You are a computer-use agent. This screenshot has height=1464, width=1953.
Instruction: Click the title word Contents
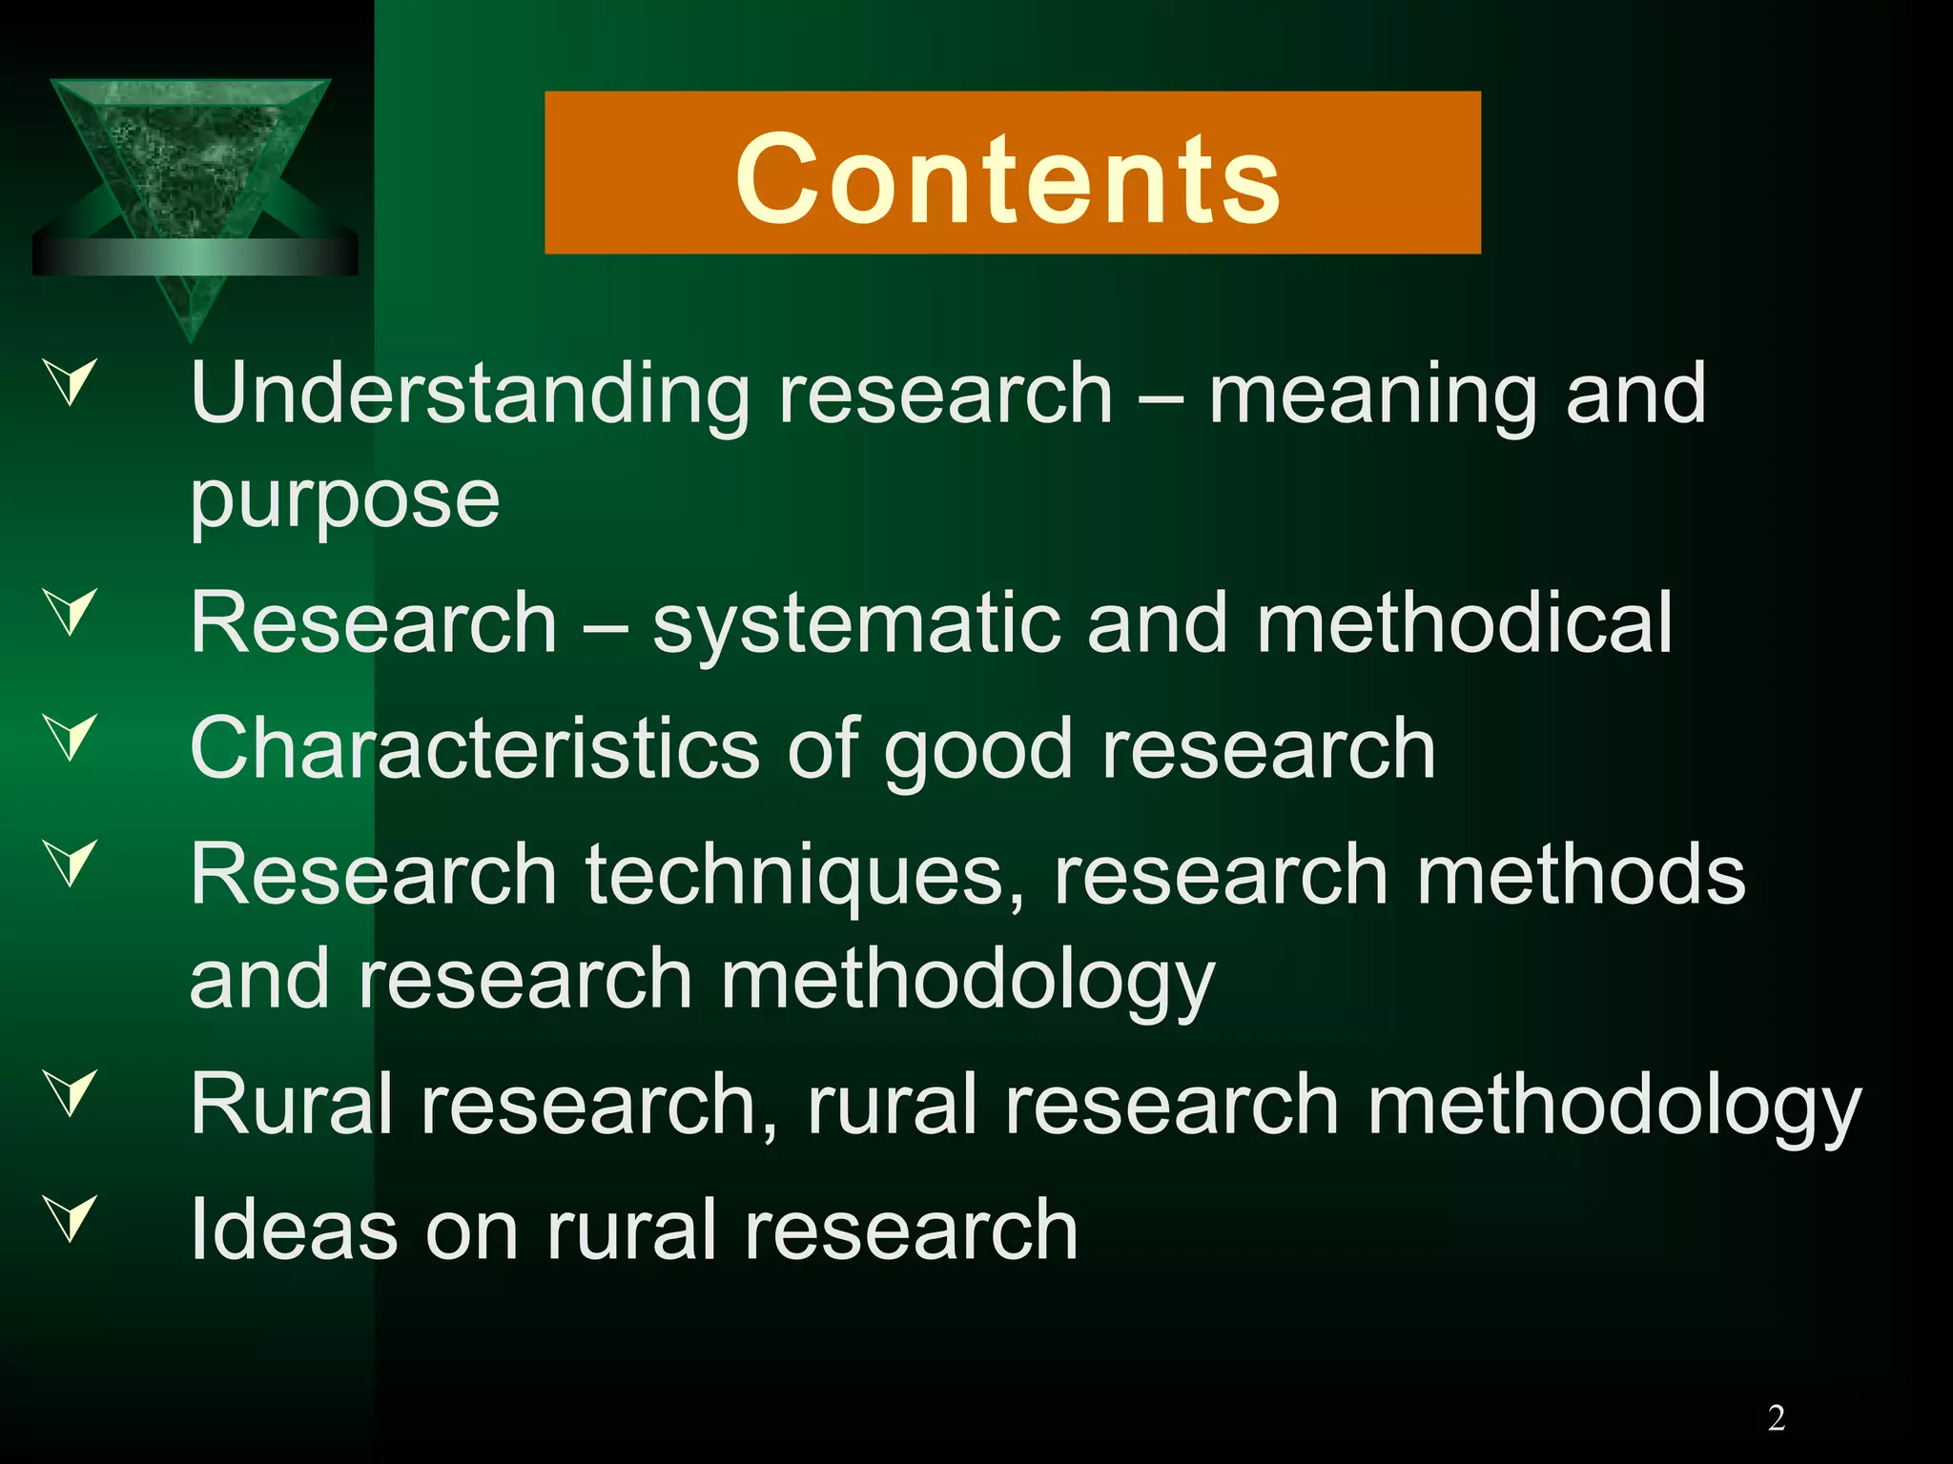[1009, 178]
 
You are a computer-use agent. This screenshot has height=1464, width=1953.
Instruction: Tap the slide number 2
[1776, 1418]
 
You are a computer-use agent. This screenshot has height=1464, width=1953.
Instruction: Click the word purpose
[344, 499]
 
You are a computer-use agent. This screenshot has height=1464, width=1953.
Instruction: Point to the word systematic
[855, 624]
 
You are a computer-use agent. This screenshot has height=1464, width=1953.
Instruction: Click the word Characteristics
[475, 749]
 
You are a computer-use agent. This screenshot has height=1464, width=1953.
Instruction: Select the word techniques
[805, 877]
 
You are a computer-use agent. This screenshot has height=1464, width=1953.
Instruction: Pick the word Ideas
[294, 1230]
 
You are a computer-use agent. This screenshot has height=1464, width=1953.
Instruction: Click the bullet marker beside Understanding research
[72, 381]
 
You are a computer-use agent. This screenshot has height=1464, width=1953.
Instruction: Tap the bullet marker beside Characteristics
[72, 737]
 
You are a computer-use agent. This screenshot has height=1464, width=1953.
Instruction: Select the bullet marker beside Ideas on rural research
[72, 1217]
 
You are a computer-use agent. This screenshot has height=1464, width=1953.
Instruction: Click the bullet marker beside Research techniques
[72, 863]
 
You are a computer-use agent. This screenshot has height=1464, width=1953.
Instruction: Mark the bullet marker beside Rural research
[72, 1092]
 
